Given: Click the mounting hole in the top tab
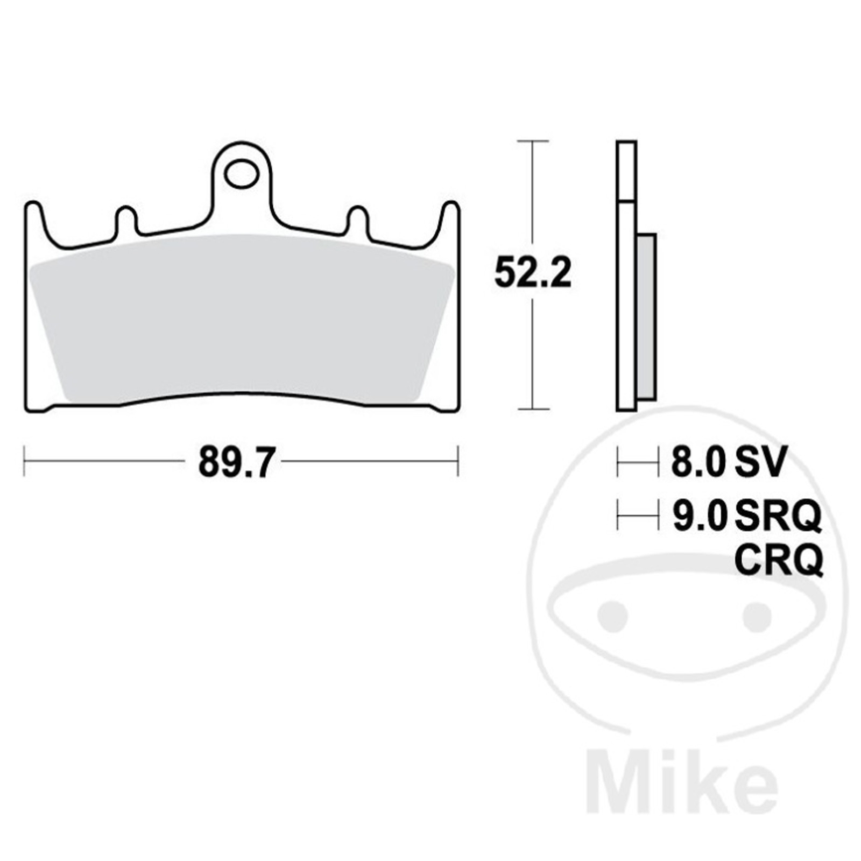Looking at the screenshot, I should (x=241, y=174).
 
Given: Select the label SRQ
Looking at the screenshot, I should (x=778, y=515).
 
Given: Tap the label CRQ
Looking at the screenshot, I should (x=779, y=560).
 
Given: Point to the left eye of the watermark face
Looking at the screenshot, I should (x=613, y=614).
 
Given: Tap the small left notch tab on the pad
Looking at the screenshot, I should (x=126, y=220).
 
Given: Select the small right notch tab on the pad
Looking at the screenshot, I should (x=357, y=220).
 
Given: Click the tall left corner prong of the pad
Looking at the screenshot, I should (x=34, y=221).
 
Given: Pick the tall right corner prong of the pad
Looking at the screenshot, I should (x=451, y=221).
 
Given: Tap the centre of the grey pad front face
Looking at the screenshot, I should (x=242, y=317).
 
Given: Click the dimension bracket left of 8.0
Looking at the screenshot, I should (x=637, y=462).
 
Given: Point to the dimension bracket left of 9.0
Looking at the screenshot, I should (x=637, y=515).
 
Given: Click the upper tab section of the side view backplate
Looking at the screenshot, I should (x=626, y=171).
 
